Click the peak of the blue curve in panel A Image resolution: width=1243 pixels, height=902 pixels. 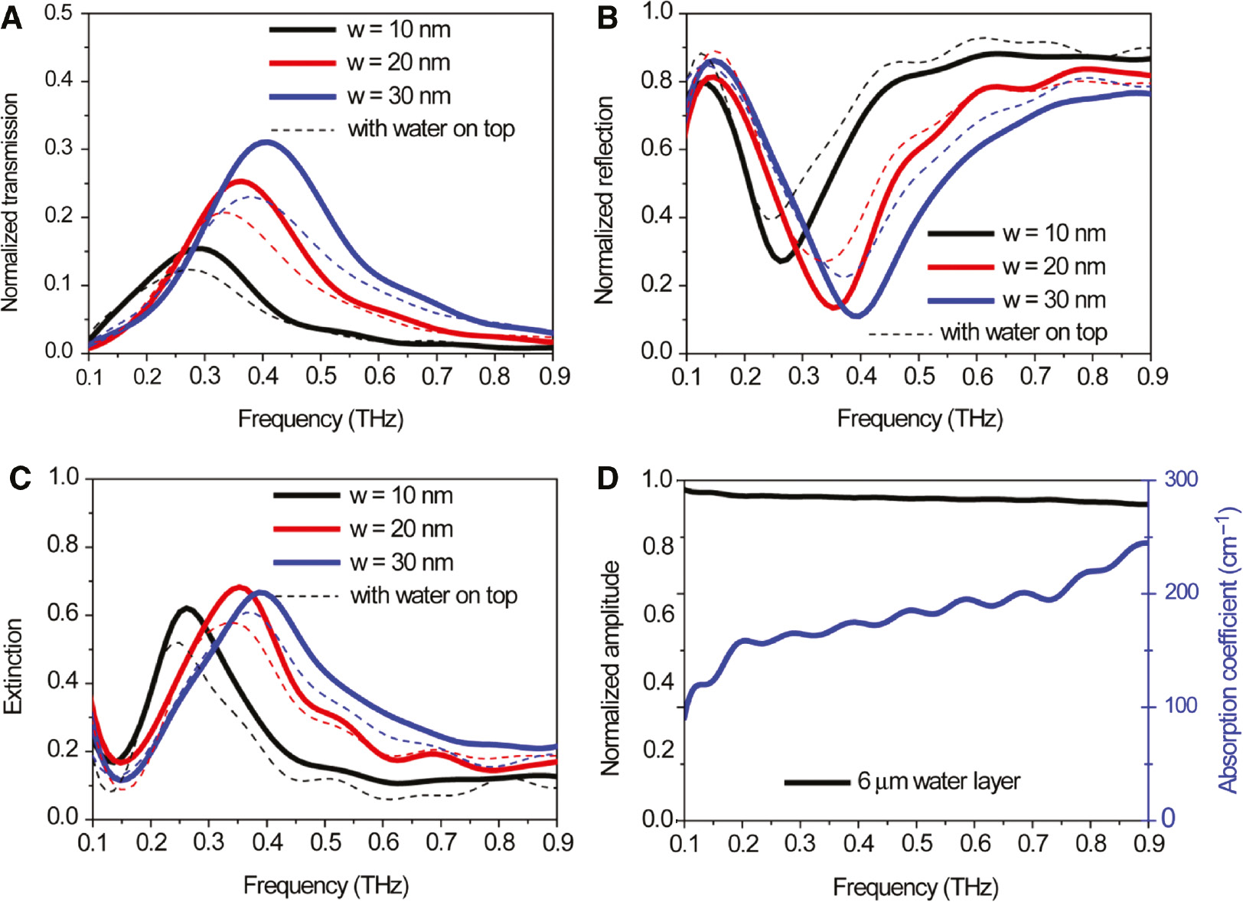(266, 142)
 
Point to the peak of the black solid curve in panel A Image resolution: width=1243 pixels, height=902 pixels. (201, 248)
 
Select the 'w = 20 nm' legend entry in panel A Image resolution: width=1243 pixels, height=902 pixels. (398, 63)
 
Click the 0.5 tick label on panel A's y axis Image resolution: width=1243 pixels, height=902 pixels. (59, 13)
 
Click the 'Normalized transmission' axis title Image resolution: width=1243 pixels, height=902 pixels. (10, 203)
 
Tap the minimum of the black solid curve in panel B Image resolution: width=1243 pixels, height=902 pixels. (781, 261)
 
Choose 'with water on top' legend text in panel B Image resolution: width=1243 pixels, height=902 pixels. (1023, 332)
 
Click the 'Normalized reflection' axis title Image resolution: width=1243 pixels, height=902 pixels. (605, 201)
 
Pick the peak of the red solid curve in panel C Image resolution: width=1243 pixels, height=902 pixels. (240, 587)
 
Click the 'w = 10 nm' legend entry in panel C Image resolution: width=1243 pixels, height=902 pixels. (401, 496)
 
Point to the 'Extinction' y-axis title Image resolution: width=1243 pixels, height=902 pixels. (13, 667)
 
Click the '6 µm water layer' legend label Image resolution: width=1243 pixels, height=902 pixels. (938, 782)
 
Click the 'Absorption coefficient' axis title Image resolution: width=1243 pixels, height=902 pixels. (1228, 649)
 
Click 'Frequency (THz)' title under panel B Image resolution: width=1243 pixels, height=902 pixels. (919, 419)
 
